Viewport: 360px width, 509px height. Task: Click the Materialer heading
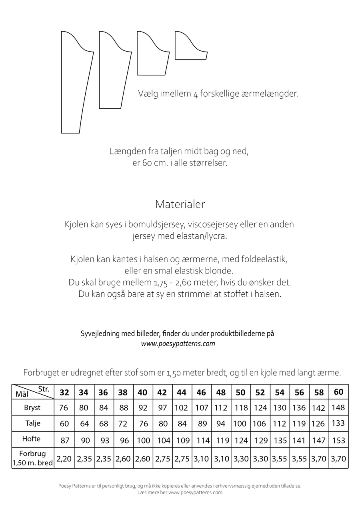point(180,204)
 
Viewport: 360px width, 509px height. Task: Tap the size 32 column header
point(64,392)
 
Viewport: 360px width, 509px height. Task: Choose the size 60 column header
point(338,392)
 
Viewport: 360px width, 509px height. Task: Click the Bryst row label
point(32,408)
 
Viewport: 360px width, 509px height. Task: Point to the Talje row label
point(32,423)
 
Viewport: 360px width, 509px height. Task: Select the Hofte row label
point(32,439)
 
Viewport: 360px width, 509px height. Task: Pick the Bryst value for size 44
point(182,408)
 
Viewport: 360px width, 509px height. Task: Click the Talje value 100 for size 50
point(240,423)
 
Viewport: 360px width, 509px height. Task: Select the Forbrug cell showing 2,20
point(64,459)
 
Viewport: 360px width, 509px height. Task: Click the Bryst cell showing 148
point(338,407)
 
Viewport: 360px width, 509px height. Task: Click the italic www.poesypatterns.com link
point(178,343)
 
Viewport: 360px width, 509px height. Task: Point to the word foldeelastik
point(265,259)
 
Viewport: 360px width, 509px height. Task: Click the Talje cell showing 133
point(338,423)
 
